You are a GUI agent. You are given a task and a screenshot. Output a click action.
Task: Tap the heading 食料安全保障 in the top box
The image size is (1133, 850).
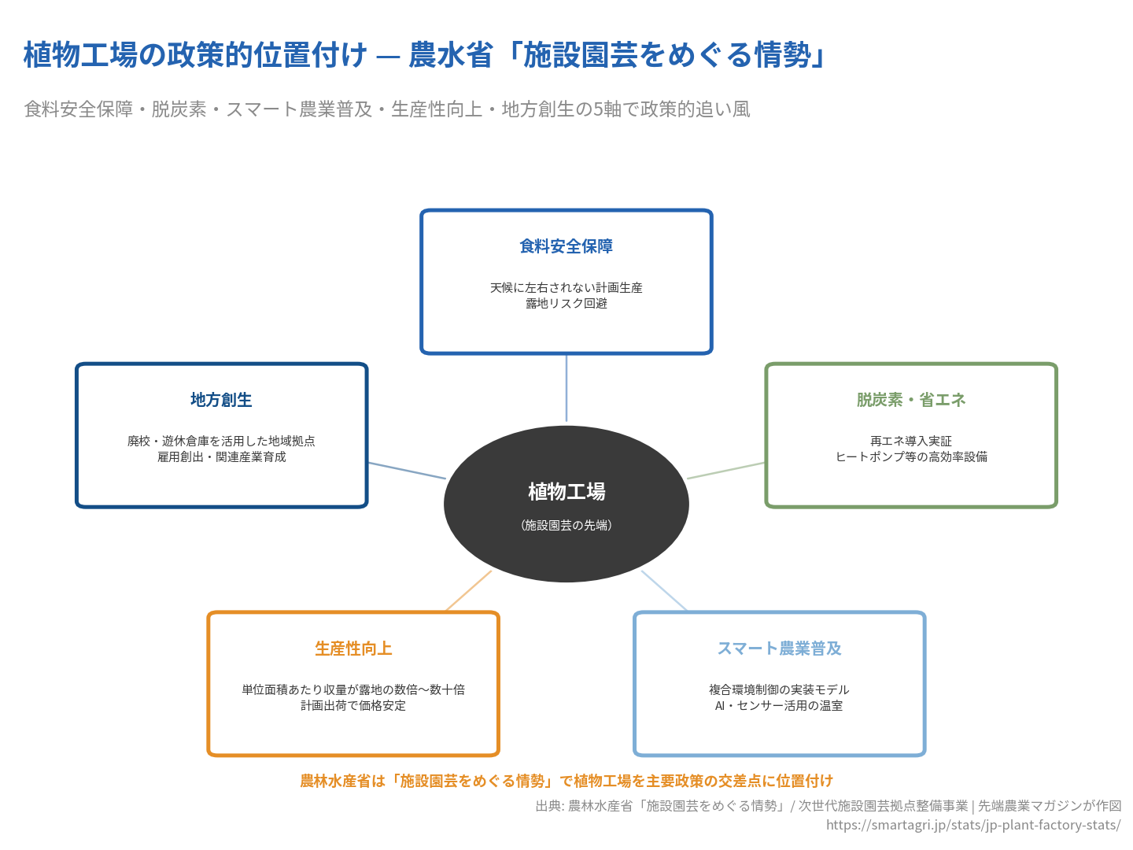pyautogui.click(x=566, y=246)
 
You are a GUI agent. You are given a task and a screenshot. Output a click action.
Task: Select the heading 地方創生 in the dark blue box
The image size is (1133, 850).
pyautogui.click(x=221, y=400)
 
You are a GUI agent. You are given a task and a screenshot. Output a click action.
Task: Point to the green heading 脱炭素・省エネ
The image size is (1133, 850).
pyautogui.click(x=911, y=400)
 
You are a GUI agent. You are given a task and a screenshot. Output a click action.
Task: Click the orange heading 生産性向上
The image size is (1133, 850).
pyautogui.click(x=353, y=649)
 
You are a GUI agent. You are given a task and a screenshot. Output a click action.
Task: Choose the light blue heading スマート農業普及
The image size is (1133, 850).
pyautogui.click(x=779, y=649)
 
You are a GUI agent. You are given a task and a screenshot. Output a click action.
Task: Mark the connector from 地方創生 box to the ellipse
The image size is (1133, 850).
pyautogui.click(x=407, y=471)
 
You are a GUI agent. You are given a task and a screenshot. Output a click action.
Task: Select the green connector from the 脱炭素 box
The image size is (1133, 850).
pyautogui.click(x=726, y=471)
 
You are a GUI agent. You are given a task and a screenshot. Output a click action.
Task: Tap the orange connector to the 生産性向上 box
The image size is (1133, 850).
pyautogui.click(x=469, y=591)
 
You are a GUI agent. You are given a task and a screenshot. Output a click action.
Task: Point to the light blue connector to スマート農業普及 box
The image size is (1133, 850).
pyautogui.click(x=664, y=590)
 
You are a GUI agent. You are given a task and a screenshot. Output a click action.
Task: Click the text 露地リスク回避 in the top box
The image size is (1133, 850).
pyautogui.click(x=566, y=304)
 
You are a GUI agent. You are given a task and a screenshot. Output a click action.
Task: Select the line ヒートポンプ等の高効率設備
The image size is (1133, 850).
pyautogui.click(x=911, y=457)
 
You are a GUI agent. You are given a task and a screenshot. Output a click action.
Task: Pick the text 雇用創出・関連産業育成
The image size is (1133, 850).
pyautogui.click(x=221, y=457)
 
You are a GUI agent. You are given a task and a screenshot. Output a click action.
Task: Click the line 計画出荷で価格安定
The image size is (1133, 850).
pyautogui.click(x=353, y=706)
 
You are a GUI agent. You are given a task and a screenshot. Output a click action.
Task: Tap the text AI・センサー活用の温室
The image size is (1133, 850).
pyautogui.click(x=779, y=706)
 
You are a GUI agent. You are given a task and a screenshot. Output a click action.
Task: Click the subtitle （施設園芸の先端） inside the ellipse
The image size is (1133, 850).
pyautogui.click(x=566, y=525)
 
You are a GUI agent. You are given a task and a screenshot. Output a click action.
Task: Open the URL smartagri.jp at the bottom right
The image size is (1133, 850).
pyautogui.click(x=973, y=825)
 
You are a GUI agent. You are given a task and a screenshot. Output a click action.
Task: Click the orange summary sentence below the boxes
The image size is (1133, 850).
pyautogui.click(x=566, y=781)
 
